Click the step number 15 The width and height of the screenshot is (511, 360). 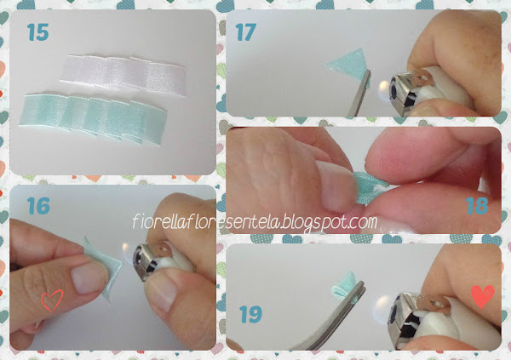click(x=37, y=32)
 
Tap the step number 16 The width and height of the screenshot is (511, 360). click(x=38, y=206)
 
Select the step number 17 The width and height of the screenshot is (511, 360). click(x=245, y=32)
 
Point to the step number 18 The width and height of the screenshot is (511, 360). click(x=478, y=206)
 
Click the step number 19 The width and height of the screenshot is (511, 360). click(x=250, y=314)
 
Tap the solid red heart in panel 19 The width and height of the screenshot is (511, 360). click(x=483, y=296)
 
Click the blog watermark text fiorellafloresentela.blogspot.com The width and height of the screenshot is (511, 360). click(x=255, y=222)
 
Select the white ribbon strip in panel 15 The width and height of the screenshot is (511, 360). click(x=123, y=74)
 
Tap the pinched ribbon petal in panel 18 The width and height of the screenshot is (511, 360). click(x=370, y=187)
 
